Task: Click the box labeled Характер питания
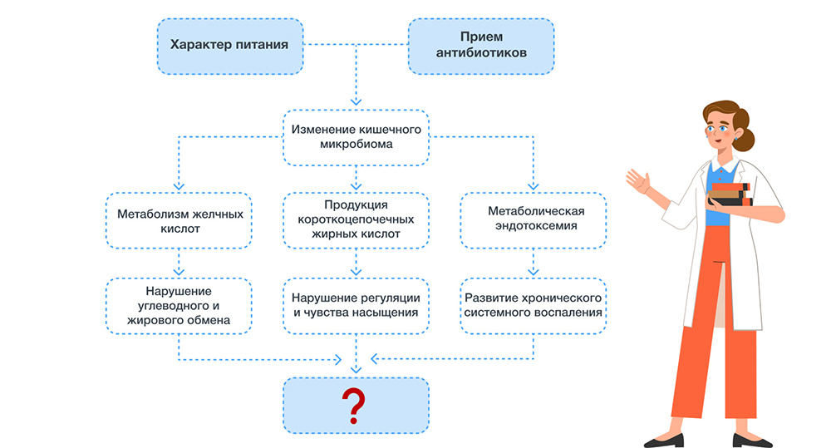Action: point(229,45)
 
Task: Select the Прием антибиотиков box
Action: point(481,45)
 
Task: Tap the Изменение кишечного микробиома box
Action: point(355,136)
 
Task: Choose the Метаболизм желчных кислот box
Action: point(178,220)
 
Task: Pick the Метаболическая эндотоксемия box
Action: point(532,220)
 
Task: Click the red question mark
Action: point(355,404)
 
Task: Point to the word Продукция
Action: point(355,204)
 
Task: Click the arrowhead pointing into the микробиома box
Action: point(356,101)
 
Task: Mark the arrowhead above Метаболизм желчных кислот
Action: point(178,186)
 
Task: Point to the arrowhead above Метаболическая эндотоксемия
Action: point(532,186)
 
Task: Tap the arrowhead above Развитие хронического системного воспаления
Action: point(532,272)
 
